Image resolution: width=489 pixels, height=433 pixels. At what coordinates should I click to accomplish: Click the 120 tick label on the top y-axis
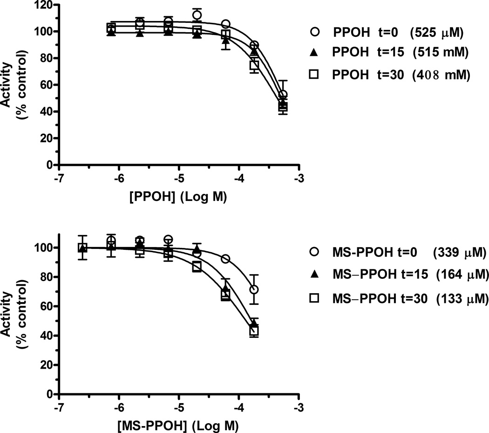click(x=44, y=5)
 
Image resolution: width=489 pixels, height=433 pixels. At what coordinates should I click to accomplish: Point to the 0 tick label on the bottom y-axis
click(x=48, y=394)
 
